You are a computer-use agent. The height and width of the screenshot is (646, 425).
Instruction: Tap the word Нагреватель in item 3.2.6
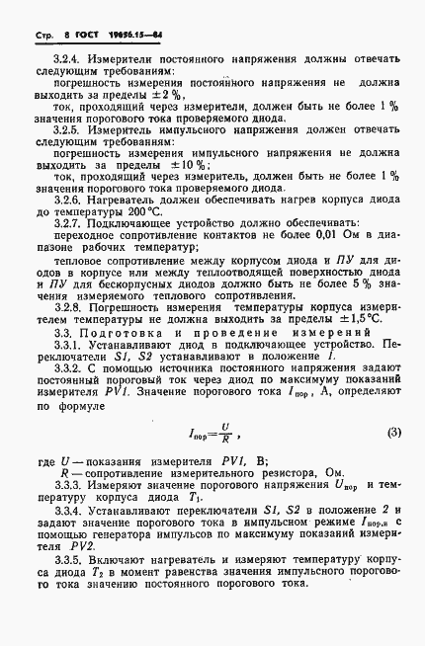124,198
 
